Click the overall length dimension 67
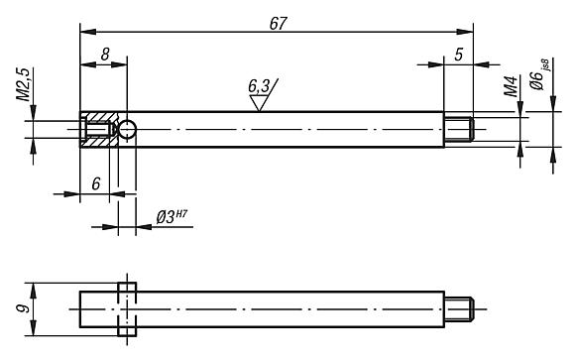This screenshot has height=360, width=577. [278, 24]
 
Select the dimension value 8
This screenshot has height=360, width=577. [105, 55]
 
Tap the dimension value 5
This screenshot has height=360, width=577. [458, 55]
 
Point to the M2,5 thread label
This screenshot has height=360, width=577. [23, 84]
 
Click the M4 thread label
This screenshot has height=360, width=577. [512, 86]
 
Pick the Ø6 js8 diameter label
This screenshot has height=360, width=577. [539, 74]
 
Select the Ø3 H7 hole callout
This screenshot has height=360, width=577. [172, 216]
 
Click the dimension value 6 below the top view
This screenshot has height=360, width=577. [96, 183]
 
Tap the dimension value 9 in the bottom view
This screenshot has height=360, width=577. [24, 308]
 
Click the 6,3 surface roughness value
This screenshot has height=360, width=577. [259, 86]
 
